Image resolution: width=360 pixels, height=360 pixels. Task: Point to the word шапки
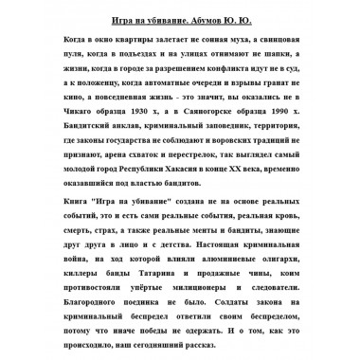click(268, 59)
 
